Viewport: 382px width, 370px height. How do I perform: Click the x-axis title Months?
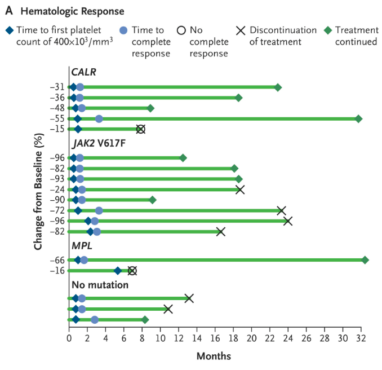[x=214, y=356]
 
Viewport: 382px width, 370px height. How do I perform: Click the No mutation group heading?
[x=100, y=285]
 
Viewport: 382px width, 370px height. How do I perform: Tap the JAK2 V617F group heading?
[x=98, y=143]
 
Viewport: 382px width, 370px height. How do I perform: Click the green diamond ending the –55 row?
[x=358, y=118]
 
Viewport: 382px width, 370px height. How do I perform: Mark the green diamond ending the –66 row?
[x=365, y=260]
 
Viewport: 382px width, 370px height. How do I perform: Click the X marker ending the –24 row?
[x=240, y=190]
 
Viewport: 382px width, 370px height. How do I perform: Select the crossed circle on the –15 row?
[x=141, y=129]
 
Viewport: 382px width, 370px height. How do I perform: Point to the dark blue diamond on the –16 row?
[x=118, y=271]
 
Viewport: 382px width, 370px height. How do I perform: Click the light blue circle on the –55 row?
[x=99, y=118]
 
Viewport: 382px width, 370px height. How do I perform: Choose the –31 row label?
[x=57, y=87]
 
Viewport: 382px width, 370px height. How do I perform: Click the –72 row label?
[x=57, y=210]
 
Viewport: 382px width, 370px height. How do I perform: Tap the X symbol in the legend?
[x=241, y=30]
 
